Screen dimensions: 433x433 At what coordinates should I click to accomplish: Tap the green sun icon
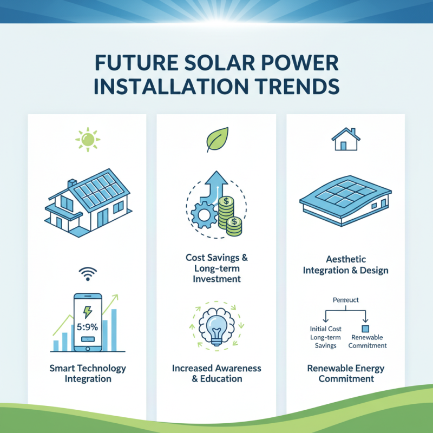click(x=87, y=139)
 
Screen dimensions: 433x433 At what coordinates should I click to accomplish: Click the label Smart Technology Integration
click(x=87, y=373)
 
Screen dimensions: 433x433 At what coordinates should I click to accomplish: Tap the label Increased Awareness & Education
click(x=216, y=373)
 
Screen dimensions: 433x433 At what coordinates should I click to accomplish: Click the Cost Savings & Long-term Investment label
click(x=216, y=268)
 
